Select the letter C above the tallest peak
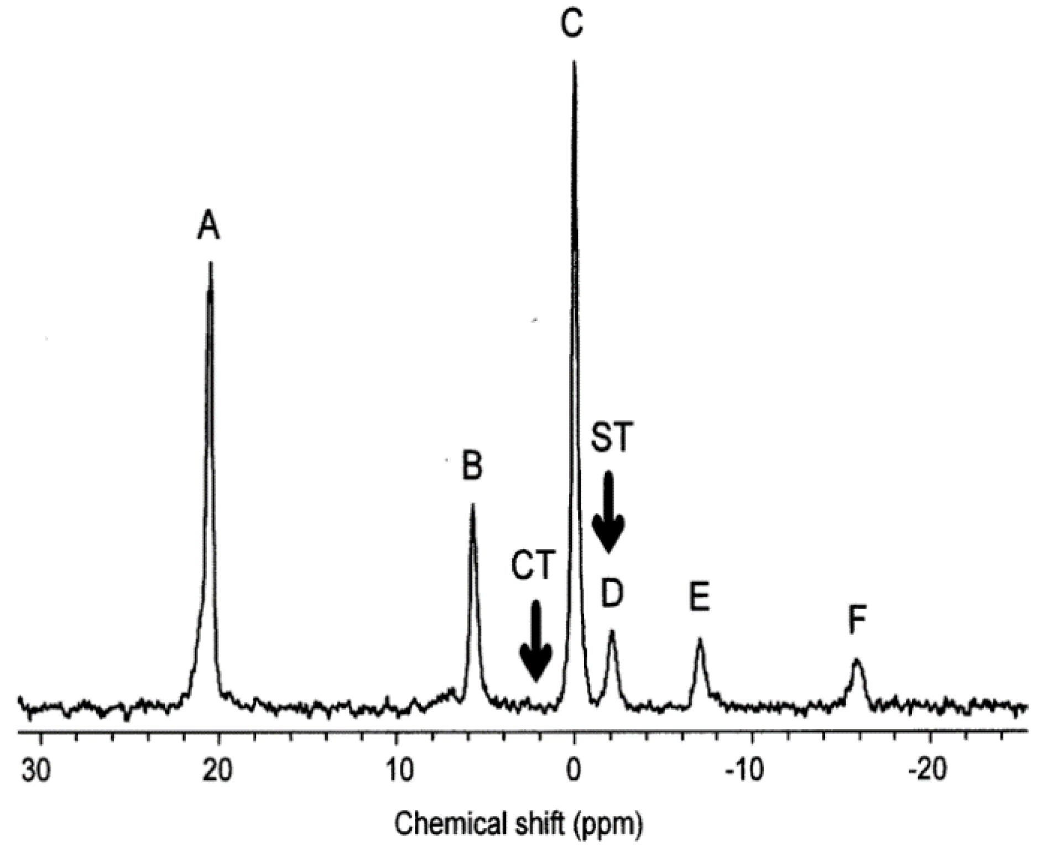point(572,23)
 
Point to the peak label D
point(612,593)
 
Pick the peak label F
point(857,620)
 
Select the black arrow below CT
point(535,641)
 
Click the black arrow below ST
point(608,512)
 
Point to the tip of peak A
point(210,263)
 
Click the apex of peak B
point(472,505)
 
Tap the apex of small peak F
point(857,660)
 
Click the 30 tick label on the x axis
point(37,770)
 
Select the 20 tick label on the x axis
point(217,770)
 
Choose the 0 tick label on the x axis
point(574,770)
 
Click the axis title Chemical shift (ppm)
point(518,824)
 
